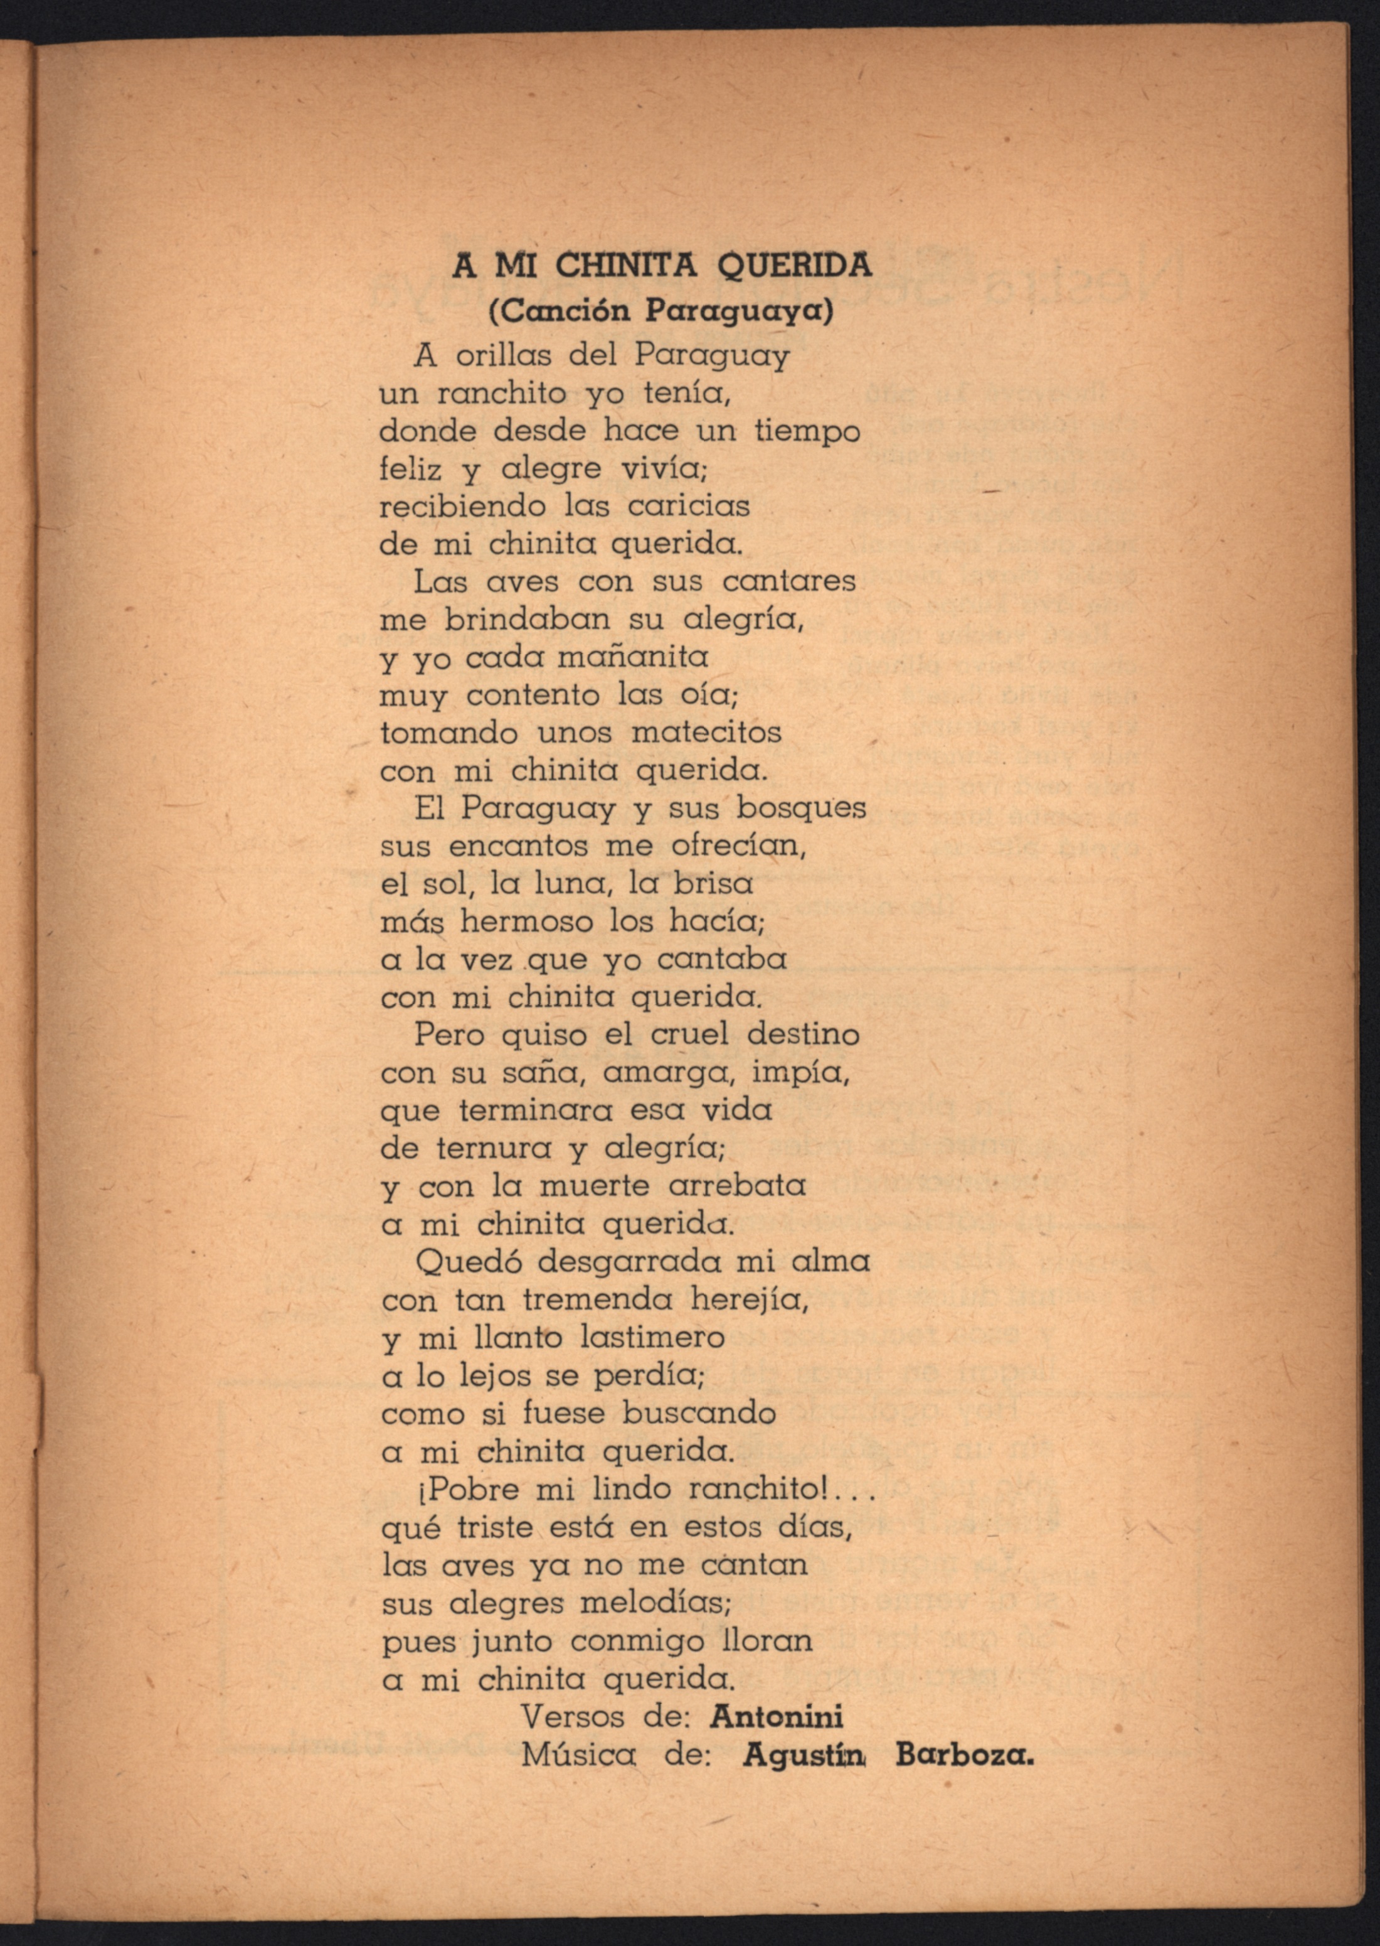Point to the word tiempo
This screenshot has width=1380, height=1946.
coord(807,431)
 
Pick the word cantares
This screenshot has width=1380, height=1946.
coord(788,581)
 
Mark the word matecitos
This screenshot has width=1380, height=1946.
coord(706,732)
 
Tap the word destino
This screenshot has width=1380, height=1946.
coord(803,1035)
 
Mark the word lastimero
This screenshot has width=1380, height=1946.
coord(652,1337)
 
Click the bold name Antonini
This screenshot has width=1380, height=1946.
coord(776,1716)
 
